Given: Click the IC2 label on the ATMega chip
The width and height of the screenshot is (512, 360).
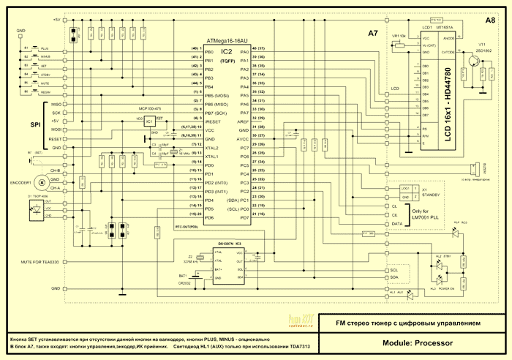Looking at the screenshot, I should (x=227, y=53).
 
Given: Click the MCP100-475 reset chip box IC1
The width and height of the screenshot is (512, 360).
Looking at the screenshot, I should (x=148, y=121).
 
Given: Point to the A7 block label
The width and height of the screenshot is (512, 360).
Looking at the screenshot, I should (x=372, y=34).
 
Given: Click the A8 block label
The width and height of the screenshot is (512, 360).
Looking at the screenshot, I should (x=489, y=21).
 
